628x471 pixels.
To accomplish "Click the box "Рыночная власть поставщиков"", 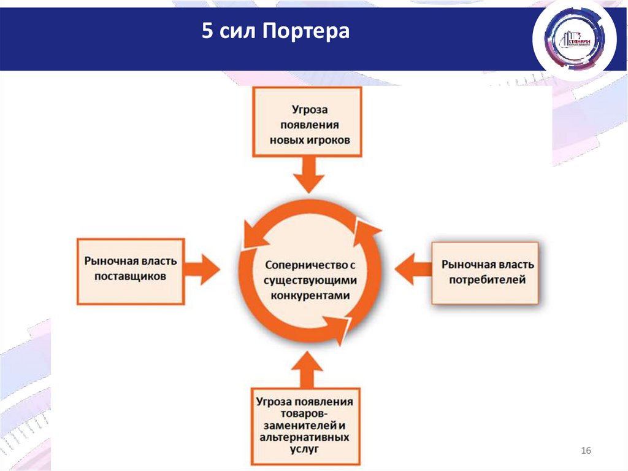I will click(130, 271).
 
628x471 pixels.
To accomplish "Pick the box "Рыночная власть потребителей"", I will click(485, 273).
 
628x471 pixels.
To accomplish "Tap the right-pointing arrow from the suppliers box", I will click(202, 268).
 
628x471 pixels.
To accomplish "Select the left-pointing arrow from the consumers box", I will click(413, 268).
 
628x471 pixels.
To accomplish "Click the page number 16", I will click(585, 452).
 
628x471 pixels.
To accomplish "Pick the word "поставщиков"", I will click(130, 276).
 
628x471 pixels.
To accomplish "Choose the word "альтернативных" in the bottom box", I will click(305, 437).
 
